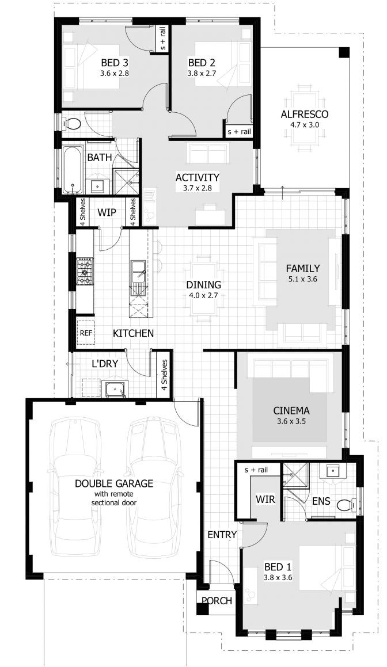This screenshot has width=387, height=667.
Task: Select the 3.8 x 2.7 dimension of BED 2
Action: [x=202, y=74]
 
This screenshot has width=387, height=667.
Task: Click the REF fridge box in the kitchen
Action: [x=85, y=333]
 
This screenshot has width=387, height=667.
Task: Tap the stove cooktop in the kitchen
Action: [x=85, y=270]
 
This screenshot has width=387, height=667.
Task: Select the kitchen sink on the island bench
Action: [x=138, y=270]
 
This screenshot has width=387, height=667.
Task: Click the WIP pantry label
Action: [x=107, y=212]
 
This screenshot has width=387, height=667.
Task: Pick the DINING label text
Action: [x=203, y=285]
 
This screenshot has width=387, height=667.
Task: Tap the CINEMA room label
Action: [x=291, y=411]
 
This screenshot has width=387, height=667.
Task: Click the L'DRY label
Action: [x=104, y=364]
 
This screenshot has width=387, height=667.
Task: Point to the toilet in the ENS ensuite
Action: [x=344, y=505]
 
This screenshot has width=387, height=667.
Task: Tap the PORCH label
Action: [x=216, y=601]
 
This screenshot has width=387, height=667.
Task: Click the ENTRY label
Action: [x=222, y=535]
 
